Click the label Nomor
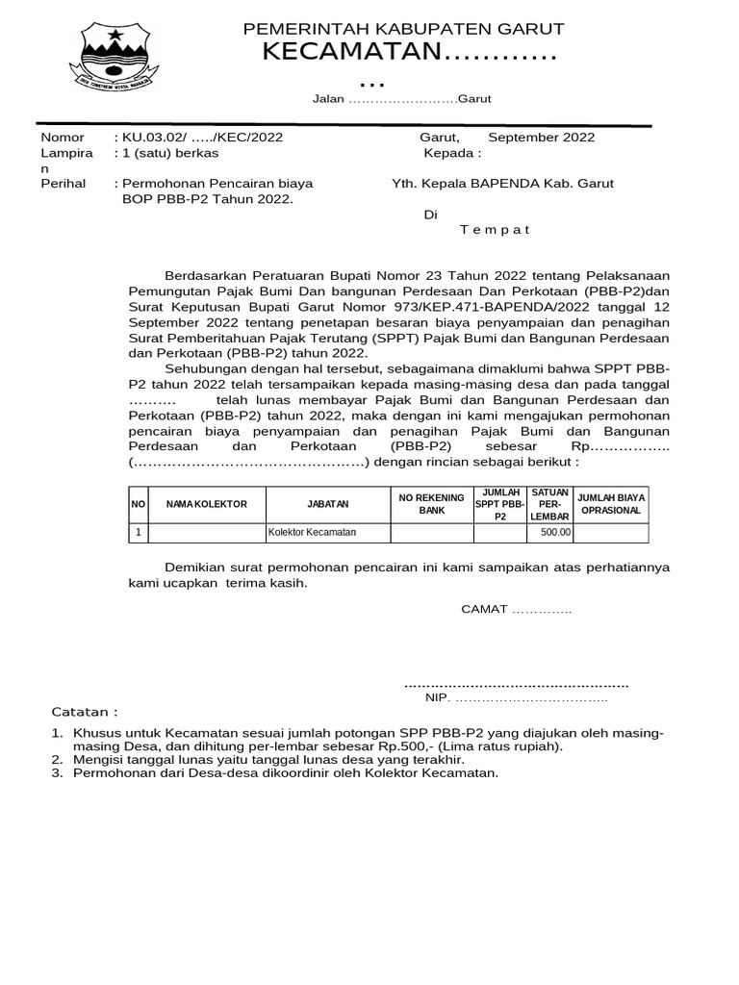pyautogui.click(x=62, y=137)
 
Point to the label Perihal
pyautogui.click(x=64, y=183)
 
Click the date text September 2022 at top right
pyautogui.click(x=542, y=137)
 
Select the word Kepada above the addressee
pyautogui.click(x=449, y=153)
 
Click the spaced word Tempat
pyautogui.click(x=495, y=229)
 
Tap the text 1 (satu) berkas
pyautogui.click(x=166, y=153)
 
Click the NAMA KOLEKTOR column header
pyautogui.click(x=207, y=504)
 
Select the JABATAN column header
pyautogui.click(x=328, y=504)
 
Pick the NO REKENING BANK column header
pyautogui.click(x=432, y=504)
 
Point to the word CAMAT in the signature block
pyautogui.click(x=484, y=609)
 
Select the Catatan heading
pyautogui.click(x=84, y=712)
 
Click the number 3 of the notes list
pyautogui.click(x=57, y=772)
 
